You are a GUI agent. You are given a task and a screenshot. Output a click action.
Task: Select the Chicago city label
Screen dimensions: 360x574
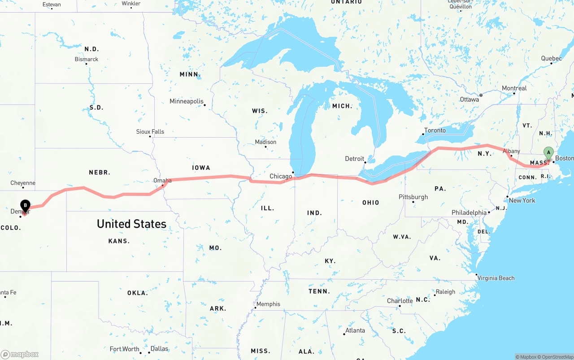click(281, 176)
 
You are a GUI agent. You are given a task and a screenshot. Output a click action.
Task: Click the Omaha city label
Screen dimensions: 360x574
click(162, 181)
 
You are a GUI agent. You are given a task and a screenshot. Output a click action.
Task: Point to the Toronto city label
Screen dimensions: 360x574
click(435, 130)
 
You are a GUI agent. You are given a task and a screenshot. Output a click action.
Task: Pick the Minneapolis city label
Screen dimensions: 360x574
click(187, 101)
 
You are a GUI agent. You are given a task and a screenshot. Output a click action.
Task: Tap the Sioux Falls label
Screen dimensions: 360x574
click(150, 132)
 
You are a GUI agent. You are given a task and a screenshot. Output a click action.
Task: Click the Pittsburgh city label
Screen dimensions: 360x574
click(413, 197)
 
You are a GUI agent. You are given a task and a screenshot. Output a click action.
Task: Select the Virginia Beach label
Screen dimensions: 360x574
click(496, 278)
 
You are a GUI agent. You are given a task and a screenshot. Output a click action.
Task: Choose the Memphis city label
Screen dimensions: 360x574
click(268, 304)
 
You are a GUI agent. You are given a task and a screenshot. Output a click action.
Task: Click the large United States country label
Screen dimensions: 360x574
click(131, 224)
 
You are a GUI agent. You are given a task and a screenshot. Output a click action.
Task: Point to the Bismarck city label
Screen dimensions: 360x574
click(87, 59)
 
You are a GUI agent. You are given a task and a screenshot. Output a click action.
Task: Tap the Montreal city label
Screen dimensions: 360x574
click(514, 88)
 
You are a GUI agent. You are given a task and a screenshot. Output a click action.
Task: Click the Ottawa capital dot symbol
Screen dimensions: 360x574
click(481, 95)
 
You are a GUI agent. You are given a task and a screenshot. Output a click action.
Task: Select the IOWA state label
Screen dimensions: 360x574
click(201, 168)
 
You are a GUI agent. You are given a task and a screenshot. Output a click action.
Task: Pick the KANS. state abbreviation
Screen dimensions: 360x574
click(119, 241)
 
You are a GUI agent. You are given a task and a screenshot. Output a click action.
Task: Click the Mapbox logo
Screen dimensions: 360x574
click(20, 354)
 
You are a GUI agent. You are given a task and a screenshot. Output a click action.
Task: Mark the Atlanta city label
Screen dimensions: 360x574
click(355, 330)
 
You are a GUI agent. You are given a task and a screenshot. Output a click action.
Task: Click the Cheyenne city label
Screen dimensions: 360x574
click(23, 183)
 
